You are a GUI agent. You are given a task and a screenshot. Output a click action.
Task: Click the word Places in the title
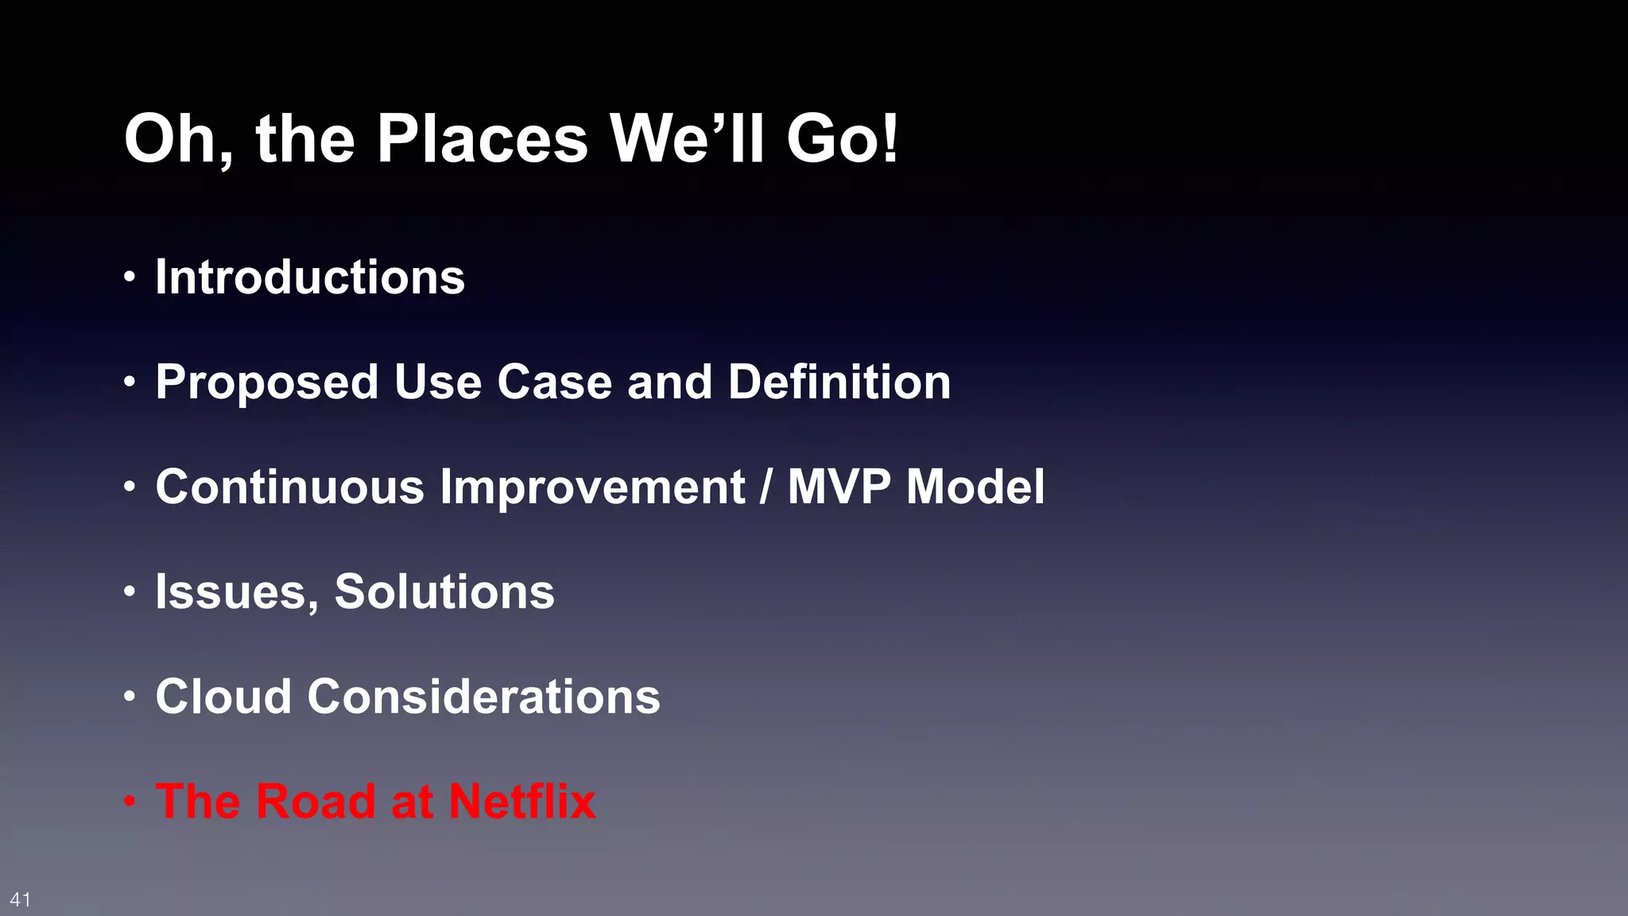pyautogui.click(x=482, y=139)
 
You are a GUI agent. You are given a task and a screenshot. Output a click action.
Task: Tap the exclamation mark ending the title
pyautogui.click(x=890, y=139)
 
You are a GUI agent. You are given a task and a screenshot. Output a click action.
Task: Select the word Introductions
pyautogui.click(x=310, y=278)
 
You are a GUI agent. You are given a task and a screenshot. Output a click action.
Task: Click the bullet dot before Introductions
pyautogui.click(x=130, y=278)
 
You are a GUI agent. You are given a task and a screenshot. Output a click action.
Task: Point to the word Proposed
pyautogui.click(x=266, y=382)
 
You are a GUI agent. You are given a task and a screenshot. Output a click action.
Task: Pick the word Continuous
pyautogui.click(x=290, y=487)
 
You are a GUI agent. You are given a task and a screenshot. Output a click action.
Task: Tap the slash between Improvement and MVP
pyautogui.click(x=766, y=487)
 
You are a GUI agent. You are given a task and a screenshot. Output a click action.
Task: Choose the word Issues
pyautogui.click(x=237, y=592)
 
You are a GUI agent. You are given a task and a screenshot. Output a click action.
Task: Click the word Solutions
pyautogui.click(x=444, y=592)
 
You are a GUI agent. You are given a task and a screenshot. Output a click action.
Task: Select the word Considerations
pyautogui.click(x=484, y=697)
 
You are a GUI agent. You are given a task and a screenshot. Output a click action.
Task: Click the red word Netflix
pyautogui.click(x=522, y=801)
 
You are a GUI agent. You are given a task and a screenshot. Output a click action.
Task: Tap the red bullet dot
pyautogui.click(x=130, y=801)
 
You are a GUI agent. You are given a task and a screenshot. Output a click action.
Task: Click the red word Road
pyautogui.click(x=316, y=801)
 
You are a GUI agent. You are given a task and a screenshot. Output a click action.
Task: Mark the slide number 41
pyautogui.click(x=21, y=899)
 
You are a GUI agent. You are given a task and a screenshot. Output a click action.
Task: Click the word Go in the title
pyautogui.click(x=831, y=139)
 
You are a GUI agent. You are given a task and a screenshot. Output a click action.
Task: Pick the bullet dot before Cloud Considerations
pyautogui.click(x=130, y=697)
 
